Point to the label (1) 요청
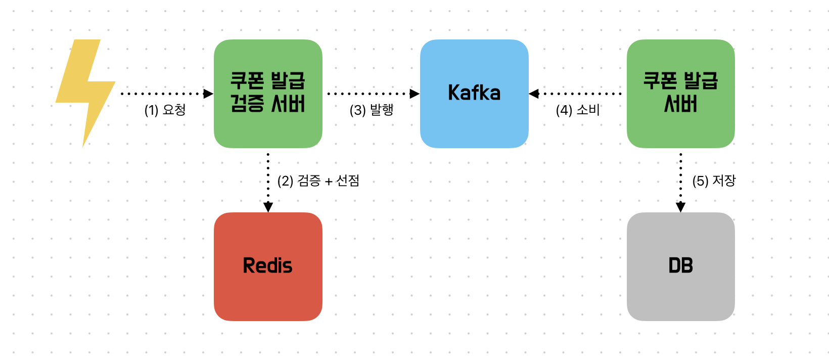[x=165, y=110]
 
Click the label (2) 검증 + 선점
[x=318, y=181]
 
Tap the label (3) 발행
[x=372, y=110]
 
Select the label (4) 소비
[x=578, y=110]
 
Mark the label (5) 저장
[x=714, y=181]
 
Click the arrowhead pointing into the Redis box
[x=268, y=207]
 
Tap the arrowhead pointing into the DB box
[x=680, y=207]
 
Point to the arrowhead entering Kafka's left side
[x=414, y=94]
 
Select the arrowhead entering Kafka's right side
[x=534, y=94]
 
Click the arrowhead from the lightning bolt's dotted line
[x=208, y=94]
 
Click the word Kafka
[x=474, y=93]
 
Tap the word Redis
[x=268, y=265]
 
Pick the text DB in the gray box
[x=680, y=265]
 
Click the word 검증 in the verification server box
[x=247, y=104]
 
